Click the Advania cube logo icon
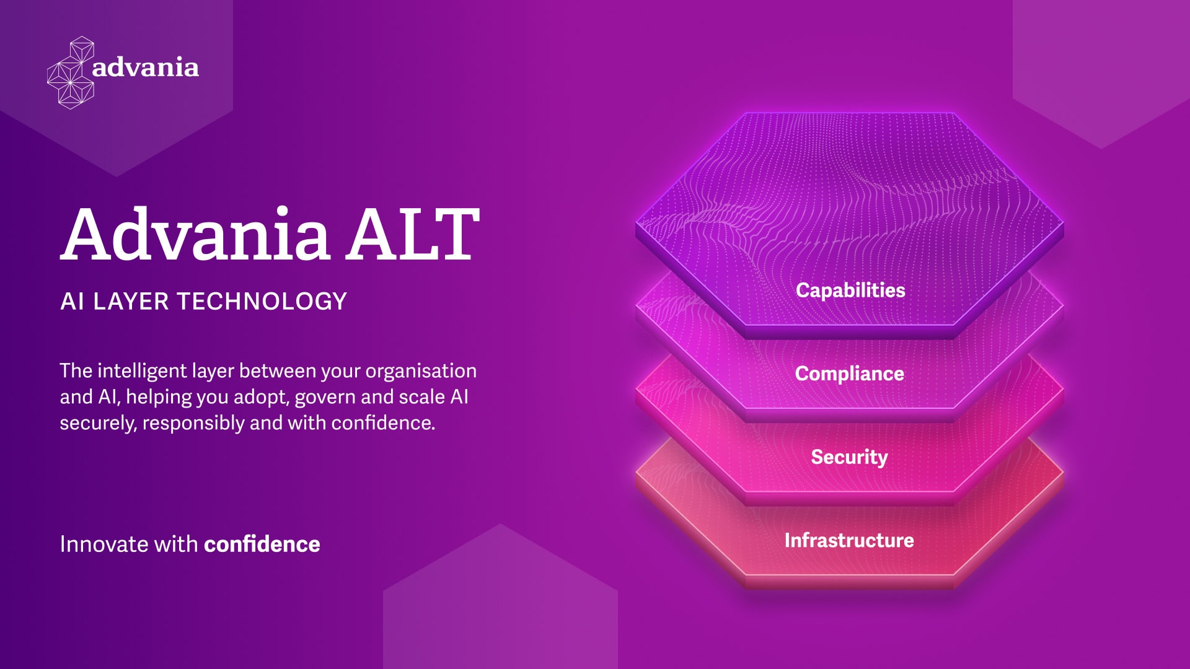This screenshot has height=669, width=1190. click(71, 73)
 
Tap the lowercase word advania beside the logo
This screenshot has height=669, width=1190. click(146, 67)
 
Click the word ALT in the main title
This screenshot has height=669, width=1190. click(413, 234)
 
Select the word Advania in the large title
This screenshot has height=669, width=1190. click(195, 234)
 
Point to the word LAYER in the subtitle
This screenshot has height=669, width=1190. click(131, 302)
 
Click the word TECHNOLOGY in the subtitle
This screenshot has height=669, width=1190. click(262, 302)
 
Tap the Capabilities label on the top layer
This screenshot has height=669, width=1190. click(850, 291)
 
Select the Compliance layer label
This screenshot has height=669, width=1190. click(850, 374)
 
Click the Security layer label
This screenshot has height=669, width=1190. click(850, 457)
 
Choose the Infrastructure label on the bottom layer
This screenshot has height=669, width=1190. click(849, 540)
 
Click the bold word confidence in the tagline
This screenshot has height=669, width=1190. click(262, 544)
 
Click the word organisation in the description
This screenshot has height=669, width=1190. click(421, 370)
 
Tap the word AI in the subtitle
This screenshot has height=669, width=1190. click(73, 302)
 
